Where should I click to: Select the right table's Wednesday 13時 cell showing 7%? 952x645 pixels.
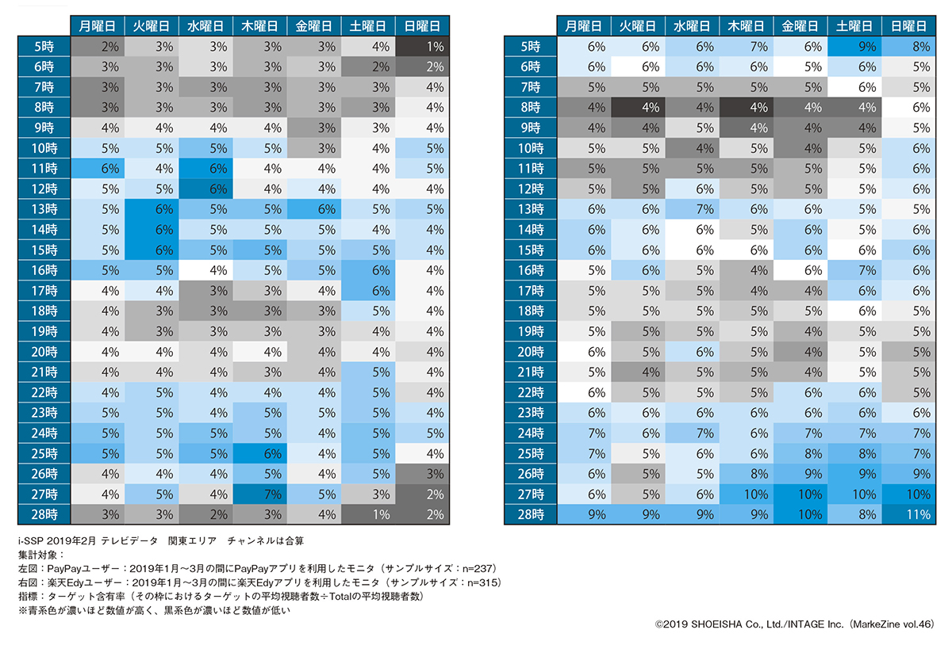click(691, 208)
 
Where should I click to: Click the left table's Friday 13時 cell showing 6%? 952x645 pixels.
click(315, 208)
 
